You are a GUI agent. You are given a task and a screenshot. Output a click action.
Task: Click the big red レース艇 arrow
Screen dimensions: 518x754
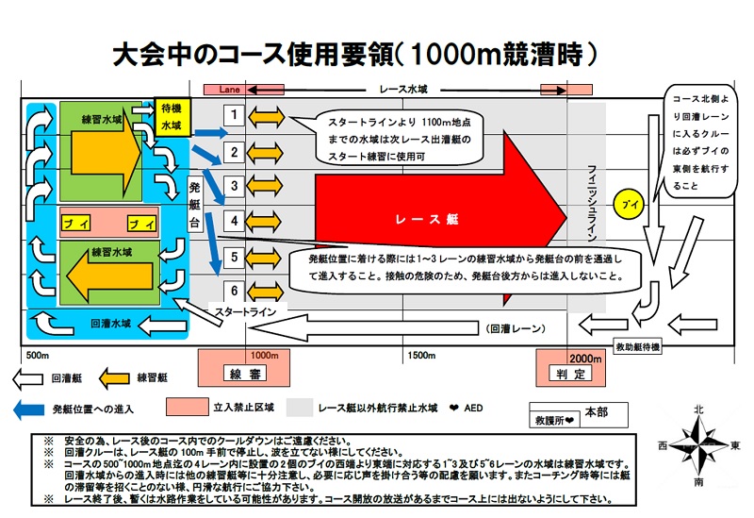pos(434,218)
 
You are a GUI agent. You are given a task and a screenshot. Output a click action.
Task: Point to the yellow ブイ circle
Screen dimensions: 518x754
pos(627,203)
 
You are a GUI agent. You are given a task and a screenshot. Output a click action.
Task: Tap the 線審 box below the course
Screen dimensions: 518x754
pos(243,374)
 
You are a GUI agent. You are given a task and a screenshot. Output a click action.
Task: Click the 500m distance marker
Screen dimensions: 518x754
pos(38,356)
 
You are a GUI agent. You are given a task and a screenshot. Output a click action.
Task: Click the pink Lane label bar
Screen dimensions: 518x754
pos(230,89)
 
